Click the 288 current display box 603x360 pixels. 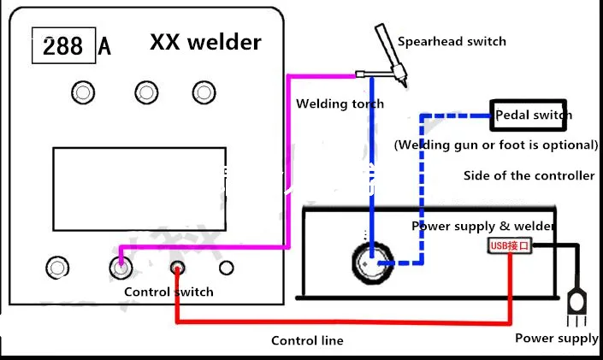[x=62, y=46]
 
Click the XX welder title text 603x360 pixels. [x=205, y=42]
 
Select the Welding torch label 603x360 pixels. [x=340, y=104]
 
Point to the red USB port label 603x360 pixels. [x=510, y=246]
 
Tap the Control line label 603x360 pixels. [x=307, y=340]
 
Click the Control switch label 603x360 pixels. [x=168, y=292]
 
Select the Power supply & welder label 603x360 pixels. [x=483, y=227]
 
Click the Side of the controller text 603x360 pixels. [x=529, y=176]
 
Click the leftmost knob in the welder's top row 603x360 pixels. [x=82, y=91]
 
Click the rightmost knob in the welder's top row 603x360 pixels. [x=203, y=91]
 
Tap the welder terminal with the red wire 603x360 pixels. [x=176, y=268]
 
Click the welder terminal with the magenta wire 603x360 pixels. [x=121, y=267]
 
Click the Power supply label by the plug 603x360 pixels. [x=556, y=339]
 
